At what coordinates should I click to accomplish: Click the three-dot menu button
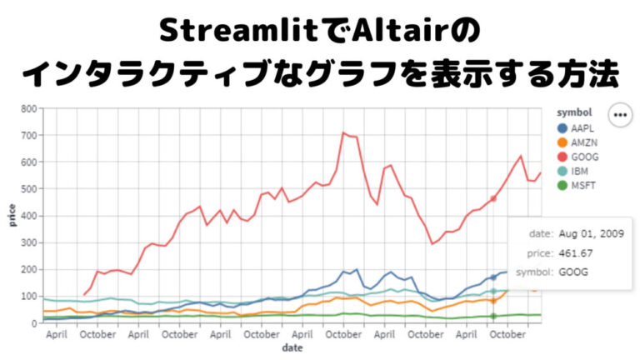(x=619, y=115)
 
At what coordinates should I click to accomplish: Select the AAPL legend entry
(x=579, y=129)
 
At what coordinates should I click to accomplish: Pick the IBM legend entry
(x=577, y=170)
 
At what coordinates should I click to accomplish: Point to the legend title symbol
(x=574, y=112)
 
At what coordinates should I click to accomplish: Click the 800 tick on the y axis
(x=28, y=109)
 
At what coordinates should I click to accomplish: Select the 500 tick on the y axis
(x=28, y=189)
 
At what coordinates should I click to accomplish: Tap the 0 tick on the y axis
(x=33, y=323)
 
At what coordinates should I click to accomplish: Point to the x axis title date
(x=292, y=347)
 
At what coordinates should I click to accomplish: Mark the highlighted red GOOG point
(x=493, y=198)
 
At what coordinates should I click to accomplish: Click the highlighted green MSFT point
(x=493, y=316)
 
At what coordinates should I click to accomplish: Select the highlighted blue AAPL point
(x=493, y=277)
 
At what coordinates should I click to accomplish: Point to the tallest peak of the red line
(x=342, y=132)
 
